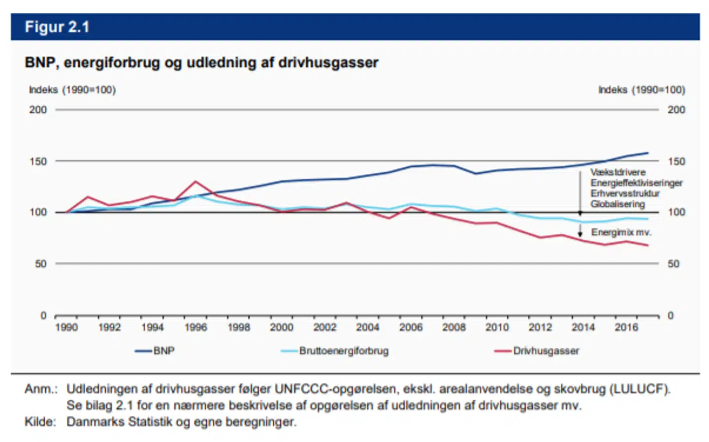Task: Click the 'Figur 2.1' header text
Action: point(57,27)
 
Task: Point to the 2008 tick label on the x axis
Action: point(453,327)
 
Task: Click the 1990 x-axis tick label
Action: point(66,327)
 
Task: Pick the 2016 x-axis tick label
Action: point(626,327)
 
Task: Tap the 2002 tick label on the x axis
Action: point(324,327)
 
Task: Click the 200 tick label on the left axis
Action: point(38,110)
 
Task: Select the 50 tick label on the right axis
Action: point(673,264)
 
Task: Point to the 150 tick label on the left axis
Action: point(38,161)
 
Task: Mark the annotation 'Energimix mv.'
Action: point(621,232)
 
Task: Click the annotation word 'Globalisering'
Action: point(617,204)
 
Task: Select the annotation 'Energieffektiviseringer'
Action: point(636,183)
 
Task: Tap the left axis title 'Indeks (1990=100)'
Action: point(72,90)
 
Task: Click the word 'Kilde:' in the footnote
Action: point(40,422)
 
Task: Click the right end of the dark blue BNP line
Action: point(647,153)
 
